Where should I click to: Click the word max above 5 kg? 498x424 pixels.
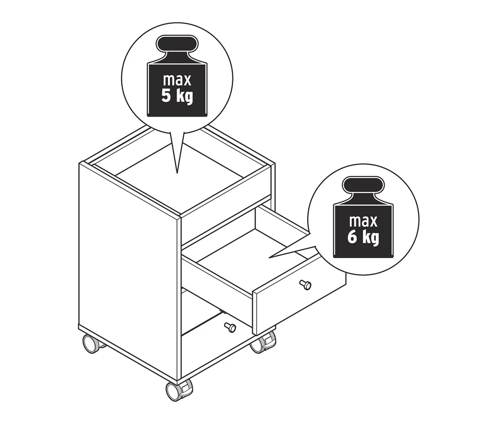pyautogui.click(x=177, y=80)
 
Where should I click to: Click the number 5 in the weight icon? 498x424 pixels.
pyautogui.click(x=166, y=96)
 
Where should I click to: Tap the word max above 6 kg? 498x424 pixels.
pyautogui.click(x=364, y=221)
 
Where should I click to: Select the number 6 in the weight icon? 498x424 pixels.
pyautogui.click(x=352, y=237)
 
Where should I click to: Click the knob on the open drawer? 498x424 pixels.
pyautogui.click(x=305, y=285)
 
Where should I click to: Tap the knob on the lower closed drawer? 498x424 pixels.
pyautogui.click(x=230, y=327)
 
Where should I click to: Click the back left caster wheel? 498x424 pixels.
pyautogui.click(x=91, y=344)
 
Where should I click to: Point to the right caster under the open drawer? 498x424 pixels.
pyautogui.click(x=263, y=343)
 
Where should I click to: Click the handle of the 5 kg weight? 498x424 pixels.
pyautogui.click(x=177, y=44)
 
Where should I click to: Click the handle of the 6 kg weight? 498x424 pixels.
pyautogui.click(x=364, y=185)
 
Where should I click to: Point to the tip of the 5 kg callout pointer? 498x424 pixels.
pyautogui.click(x=177, y=173)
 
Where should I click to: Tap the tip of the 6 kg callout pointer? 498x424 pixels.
pyautogui.click(x=269, y=258)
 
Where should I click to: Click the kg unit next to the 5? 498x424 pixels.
pyautogui.click(x=185, y=97)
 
